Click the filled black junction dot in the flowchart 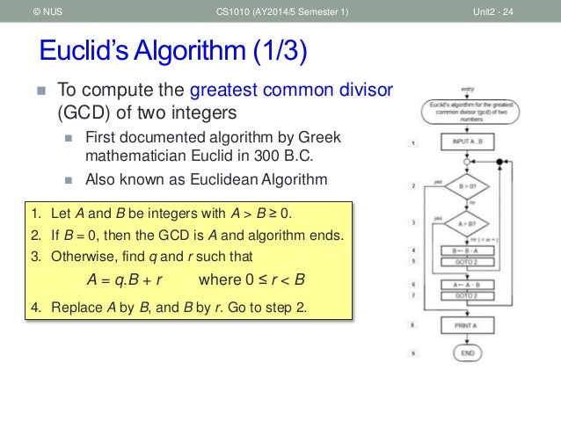(x=500, y=163)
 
